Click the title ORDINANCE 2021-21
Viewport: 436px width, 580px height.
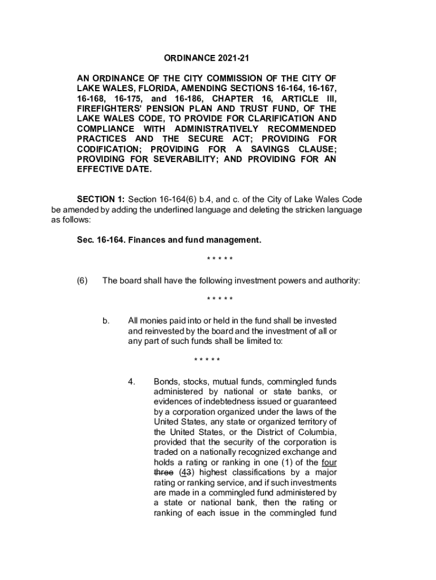(207, 58)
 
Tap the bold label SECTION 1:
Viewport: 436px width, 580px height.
(101, 200)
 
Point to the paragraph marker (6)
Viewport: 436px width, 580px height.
(83, 281)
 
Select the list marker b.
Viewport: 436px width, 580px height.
(106, 321)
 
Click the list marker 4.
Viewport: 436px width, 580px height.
(131, 382)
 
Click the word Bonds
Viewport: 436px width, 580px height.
(165, 382)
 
